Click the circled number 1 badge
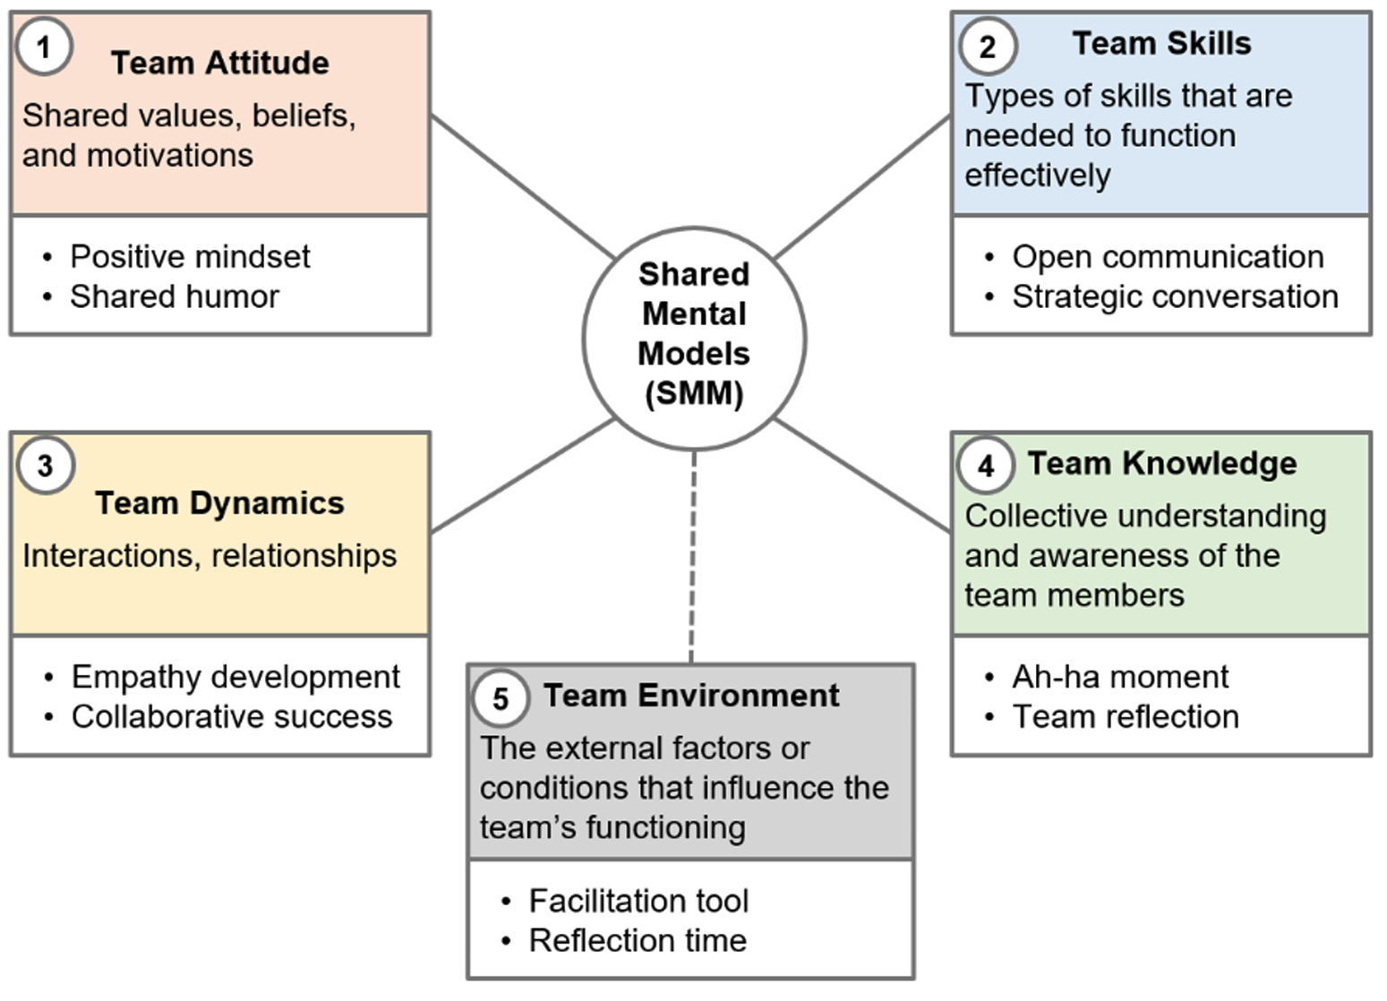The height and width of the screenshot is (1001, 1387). (43, 47)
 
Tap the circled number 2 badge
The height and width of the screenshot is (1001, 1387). (987, 47)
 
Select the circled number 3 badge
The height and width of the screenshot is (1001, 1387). (45, 466)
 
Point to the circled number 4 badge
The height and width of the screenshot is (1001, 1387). (986, 466)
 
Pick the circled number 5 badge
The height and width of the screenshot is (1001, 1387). (500, 698)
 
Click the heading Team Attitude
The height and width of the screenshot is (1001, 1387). (219, 64)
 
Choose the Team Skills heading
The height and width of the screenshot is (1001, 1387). (1161, 44)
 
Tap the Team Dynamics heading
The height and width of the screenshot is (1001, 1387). (219, 503)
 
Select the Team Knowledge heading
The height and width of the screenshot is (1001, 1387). (1161, 464)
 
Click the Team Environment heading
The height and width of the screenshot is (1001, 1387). (691, 696)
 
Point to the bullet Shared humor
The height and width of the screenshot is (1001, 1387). (175, 296)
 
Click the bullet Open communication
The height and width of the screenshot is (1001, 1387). (1168, 257)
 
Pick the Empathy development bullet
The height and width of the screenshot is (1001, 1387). (235, 677)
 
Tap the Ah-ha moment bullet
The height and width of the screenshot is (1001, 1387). (1120, 677)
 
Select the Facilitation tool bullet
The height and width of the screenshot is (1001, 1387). (638, 901)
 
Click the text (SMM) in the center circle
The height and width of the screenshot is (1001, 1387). (694, 394)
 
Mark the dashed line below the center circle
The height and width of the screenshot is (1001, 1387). (692, 555)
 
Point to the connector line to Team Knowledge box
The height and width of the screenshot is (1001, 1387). (861, 475)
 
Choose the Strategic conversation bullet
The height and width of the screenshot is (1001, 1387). (1175, 296)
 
